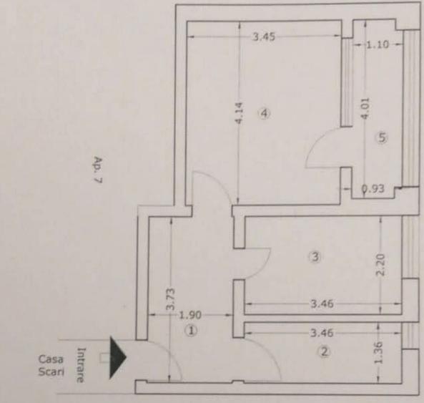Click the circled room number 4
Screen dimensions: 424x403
point(264,114)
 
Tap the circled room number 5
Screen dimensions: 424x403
point(382,138)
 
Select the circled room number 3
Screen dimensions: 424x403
point(315,256)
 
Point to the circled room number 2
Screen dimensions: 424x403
point(324,352)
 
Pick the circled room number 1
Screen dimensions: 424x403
point(191,331)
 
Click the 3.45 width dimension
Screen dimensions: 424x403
point(264,37)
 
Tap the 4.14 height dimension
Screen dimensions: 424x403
point(239,113)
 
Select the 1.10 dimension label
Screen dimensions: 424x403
point(378,44)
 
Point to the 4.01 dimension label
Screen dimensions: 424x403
point(365,108)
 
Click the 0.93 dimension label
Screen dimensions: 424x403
point(373,189)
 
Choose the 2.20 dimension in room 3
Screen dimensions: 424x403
point(380,265)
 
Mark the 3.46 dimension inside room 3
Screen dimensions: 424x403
point(322,304)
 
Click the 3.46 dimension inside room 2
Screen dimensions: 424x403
point(322,333)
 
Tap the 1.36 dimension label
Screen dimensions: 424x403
point(378,353)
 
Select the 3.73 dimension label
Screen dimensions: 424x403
point(171,299)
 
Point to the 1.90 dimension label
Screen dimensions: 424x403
point(190,315)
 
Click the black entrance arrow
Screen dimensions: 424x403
point(117,357)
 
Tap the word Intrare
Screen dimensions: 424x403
point(81,365)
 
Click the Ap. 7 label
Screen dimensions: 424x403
point(98,170)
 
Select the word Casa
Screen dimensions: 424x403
point(51,359)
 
